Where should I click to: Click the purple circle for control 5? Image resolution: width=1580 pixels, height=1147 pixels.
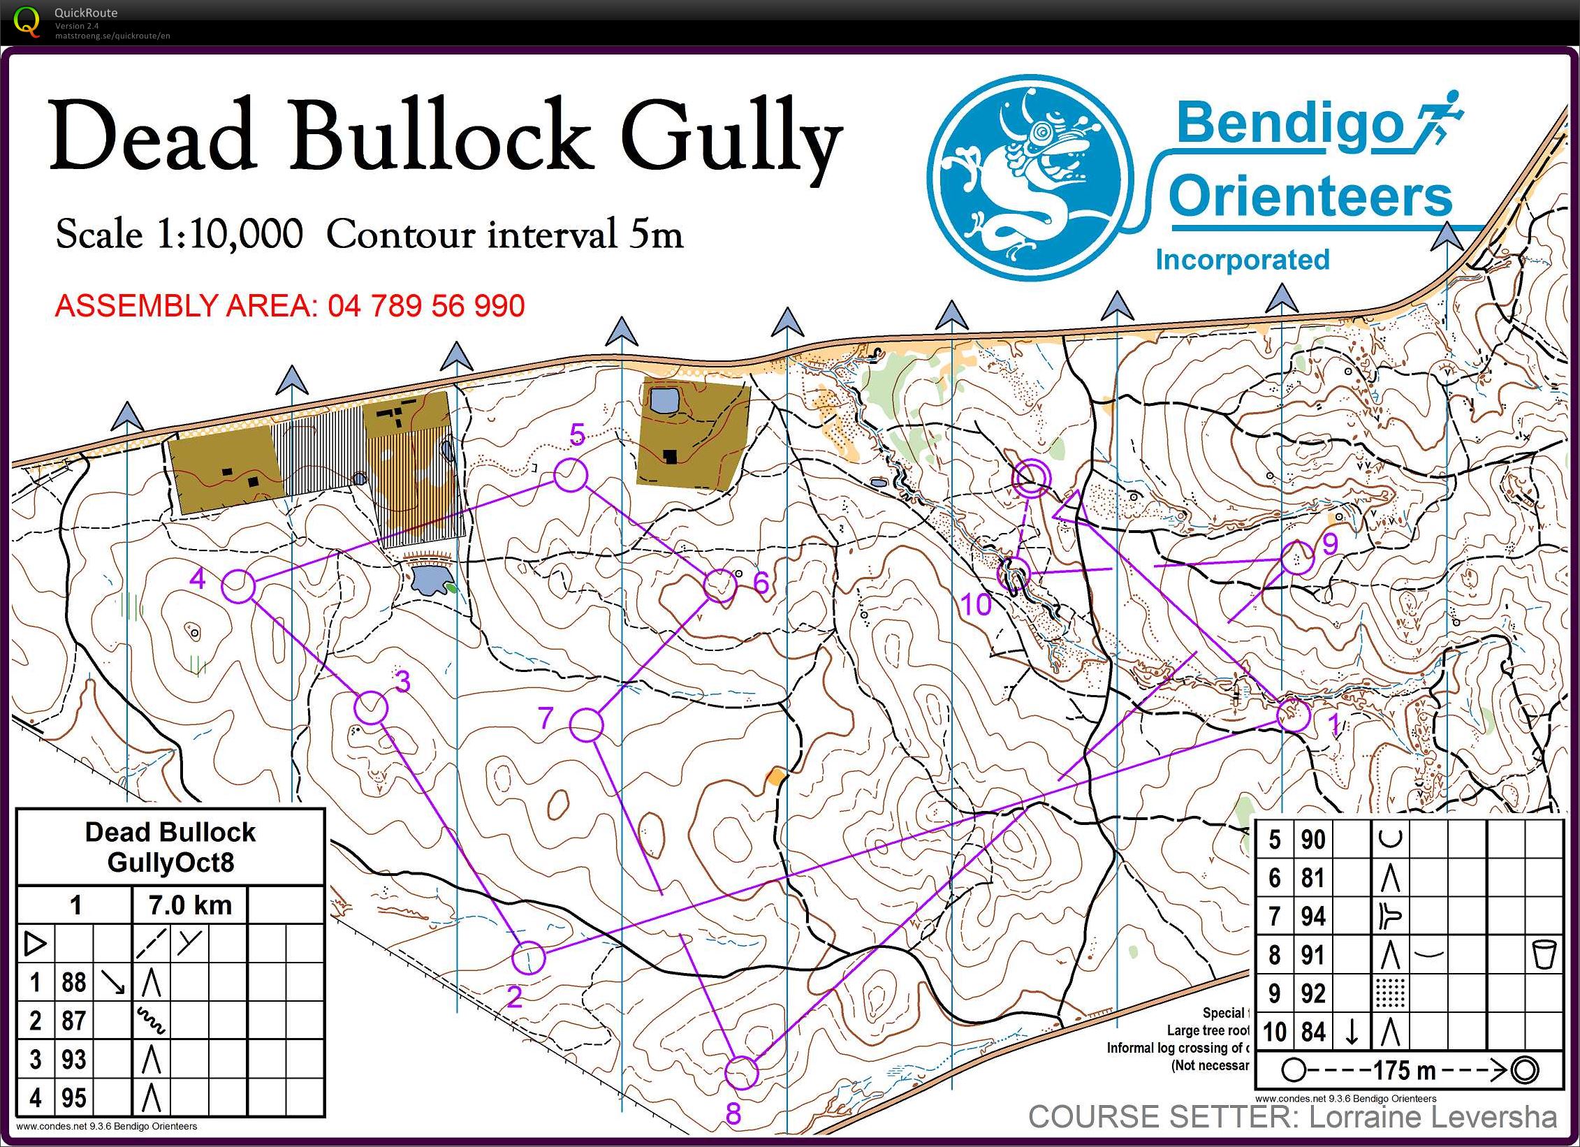tap(571, 476)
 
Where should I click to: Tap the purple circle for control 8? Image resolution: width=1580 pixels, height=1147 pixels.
tap(741, 1072)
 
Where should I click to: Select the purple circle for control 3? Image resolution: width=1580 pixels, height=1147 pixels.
tap(371, 708)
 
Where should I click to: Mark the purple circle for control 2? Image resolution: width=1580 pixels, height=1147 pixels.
tap(528, 957)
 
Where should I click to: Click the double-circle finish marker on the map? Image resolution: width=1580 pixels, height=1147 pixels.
tap(1032, 478)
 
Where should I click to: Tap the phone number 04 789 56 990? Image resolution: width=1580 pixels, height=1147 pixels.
tap(426, 306)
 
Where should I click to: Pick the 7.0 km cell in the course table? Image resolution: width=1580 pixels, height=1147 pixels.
tap(190, 905)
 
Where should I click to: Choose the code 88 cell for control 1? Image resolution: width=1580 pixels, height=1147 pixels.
tap(73, 982)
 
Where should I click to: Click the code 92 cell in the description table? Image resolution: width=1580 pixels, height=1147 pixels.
tap(1312, 993)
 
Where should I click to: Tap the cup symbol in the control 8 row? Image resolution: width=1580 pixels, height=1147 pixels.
tap(1543, 954)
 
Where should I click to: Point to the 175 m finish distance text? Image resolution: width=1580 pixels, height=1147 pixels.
tap(1404, 1070)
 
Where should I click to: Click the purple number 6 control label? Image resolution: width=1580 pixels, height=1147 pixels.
tap(761, 583)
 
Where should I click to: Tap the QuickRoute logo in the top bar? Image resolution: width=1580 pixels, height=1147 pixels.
tap(27, 21)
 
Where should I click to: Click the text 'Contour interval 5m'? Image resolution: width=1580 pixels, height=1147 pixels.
tap(504, 234)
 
